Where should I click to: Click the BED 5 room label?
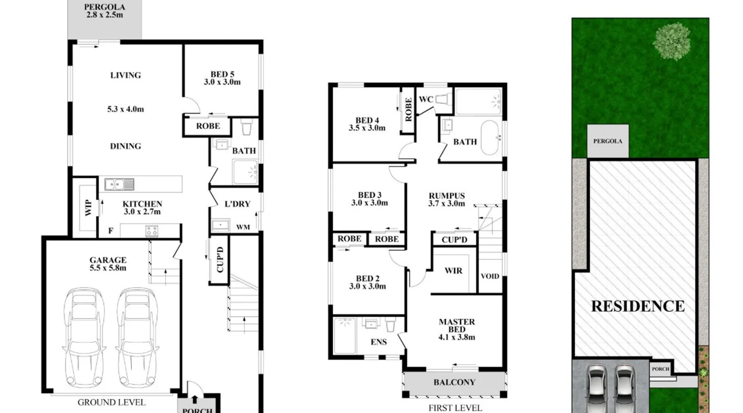click(222, 78)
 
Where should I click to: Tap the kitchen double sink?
click(119, 184)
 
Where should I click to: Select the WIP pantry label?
click(88, 208)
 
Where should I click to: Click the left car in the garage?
click(84, 337)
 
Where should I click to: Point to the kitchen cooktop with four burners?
click(151, 231)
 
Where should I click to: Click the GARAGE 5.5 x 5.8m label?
click(108, 263)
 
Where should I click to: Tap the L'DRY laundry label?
click(237, 204)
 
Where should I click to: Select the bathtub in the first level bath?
click(490, 138)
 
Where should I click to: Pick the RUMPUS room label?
click(447, 199)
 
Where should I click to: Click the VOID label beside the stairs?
click(490, 276)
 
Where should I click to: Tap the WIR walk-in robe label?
click(453, 271)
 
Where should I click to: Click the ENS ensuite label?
click(379, 342)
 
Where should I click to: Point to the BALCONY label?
click(454, 382)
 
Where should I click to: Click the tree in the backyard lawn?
click(672, 41)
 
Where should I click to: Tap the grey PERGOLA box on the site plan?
click(608, 141)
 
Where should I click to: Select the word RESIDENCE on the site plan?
click(638, 306)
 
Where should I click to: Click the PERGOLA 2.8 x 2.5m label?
click(105, 11)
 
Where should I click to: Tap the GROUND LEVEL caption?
click(111, 402)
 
